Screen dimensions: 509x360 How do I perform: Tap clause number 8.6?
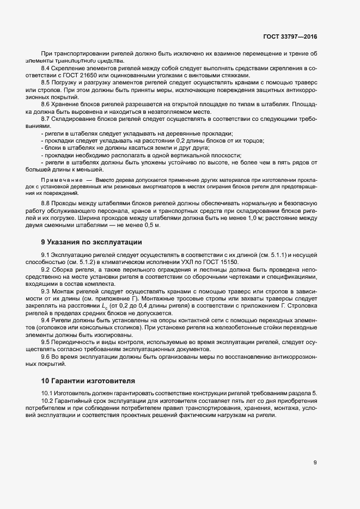click(46, 103)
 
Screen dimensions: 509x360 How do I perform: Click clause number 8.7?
click(46, 118)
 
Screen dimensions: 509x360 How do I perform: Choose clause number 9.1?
click(46, 255)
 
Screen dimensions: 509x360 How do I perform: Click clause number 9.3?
click(46, 291)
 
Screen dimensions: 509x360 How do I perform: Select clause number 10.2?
click(47, 401)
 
